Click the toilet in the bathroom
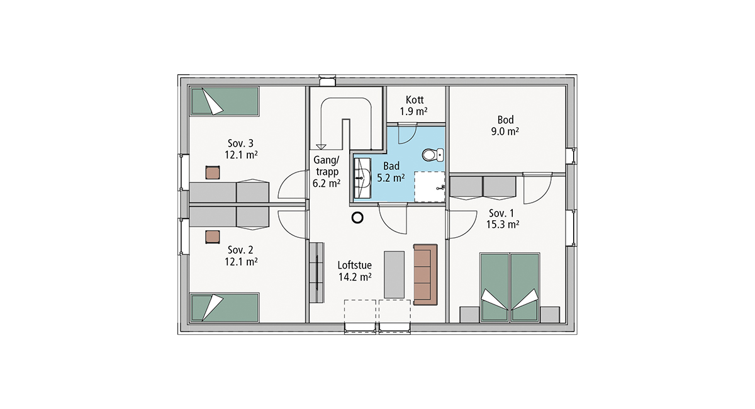pos(433,155)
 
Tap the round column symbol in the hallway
pos(357,218)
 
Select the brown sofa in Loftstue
pos(425,275)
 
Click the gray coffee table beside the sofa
pos(394,274)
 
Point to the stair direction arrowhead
pos(321,147)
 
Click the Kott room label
pos(415,100)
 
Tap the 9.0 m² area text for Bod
pos(505,132)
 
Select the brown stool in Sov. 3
pos(213,172)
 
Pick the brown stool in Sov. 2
pos(213,237)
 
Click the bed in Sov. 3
pos(224,101)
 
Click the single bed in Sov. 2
pos(224,308)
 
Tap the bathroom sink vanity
pos(362,177)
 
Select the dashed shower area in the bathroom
pos(429,187)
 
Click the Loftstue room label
pos(355,266)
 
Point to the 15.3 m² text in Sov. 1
pos(502,225)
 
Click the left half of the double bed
pos(495,287)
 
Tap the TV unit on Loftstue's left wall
pos(316,272)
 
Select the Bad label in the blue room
pos(391,166)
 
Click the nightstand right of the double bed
pos(550,314)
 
